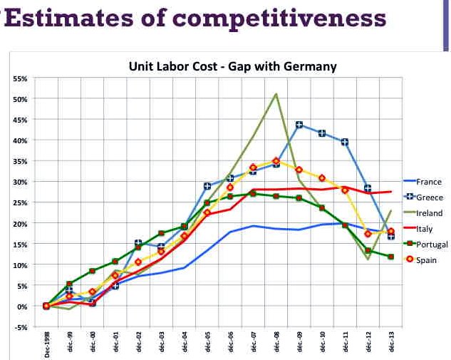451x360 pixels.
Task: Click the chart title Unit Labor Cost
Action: coord(232,66)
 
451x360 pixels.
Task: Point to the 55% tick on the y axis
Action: coord(21,78)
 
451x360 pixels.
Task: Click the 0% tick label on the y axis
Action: coord(23,307)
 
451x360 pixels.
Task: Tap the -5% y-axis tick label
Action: coord(21,327)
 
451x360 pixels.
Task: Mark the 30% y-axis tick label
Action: coord(21,182)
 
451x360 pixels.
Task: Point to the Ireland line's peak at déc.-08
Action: coord(276,93)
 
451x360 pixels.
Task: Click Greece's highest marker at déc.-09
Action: coord(299,125)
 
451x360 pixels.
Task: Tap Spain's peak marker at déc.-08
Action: coord(276,161)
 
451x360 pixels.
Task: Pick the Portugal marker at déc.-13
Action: coord(391,257)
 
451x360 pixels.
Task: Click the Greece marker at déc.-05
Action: coord(207,186)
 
